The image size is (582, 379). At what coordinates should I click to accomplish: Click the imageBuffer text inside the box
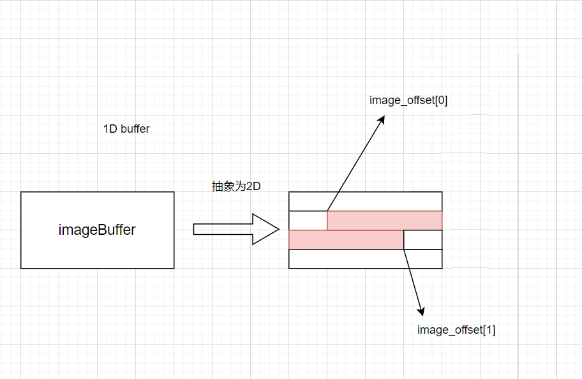[x=97, y=230]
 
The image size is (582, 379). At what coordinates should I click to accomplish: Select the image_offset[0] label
[x=408, y=100]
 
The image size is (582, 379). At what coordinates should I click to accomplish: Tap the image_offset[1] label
[x=456, y=330]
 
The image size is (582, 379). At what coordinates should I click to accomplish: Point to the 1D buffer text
[x=126, y=129]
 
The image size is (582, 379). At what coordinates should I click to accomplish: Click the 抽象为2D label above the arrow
[x=236, y=186]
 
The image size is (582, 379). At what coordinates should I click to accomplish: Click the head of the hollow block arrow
[x=267, y=230]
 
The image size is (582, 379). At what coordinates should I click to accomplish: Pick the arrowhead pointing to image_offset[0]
[x=381, y=119]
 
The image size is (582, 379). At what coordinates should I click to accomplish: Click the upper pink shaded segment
[x=384, y=220]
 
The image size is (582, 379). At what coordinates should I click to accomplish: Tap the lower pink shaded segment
[x=346, y=239]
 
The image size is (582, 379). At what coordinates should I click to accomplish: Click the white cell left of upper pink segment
[x=308, y=220]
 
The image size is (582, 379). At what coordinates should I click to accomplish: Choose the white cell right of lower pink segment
[x=422, y=239]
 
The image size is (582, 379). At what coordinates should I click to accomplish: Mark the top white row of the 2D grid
[x=365, y=201]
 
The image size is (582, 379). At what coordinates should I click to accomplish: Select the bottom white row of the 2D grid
[x=365, y=258]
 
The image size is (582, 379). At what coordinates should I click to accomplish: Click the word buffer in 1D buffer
[x=135, y=129]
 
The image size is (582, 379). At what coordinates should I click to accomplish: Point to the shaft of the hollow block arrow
[x=223, y=230]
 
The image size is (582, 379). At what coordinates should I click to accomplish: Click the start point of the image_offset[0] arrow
[x=327, y=211]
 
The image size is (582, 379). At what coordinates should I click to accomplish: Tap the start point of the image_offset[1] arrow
[x=404, y=249]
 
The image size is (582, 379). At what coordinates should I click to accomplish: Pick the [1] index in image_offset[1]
[x=489, y=330]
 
